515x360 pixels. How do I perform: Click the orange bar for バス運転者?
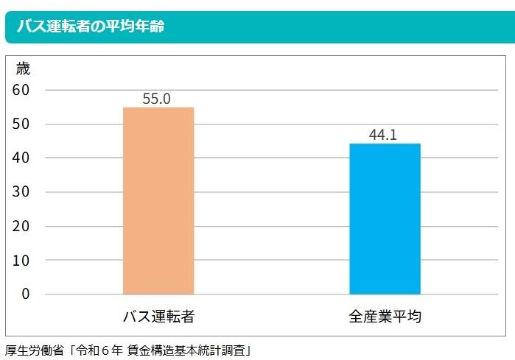point(158,200)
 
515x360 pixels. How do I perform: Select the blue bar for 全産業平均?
point(384,219)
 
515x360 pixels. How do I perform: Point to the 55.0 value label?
point(157,98)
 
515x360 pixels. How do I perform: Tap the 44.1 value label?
point(383,135)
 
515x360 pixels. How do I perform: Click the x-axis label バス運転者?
point(158,317)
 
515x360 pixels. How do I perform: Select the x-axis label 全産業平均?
point(385,317)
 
